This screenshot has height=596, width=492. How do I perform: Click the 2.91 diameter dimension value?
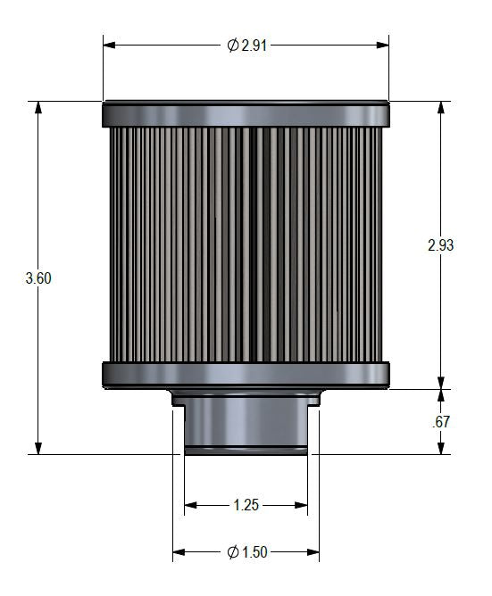[x=253, y=45]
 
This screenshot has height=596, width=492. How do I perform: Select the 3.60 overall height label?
[x=38, y=277]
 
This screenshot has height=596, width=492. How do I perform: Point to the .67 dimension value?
[x=439, y=422]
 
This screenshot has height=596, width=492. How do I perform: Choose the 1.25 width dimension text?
[x=246, y=505]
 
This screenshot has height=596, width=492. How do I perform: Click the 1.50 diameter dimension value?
[x=254, y=553]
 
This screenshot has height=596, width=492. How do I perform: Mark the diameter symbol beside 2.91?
[x=232, y=45]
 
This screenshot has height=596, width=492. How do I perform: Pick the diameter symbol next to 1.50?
[x=233, y=553]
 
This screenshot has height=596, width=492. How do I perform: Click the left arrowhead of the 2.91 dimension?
[x=109, y=45]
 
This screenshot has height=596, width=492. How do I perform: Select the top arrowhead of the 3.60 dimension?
[x=38, y=107]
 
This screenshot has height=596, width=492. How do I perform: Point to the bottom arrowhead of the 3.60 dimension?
[x=38, y=448]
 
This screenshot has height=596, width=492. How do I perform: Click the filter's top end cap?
[x=246, y=113]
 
